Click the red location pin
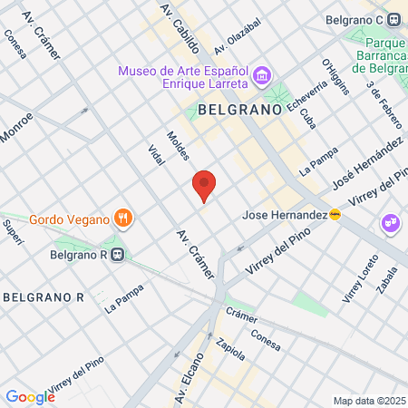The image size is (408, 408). click(204, 185)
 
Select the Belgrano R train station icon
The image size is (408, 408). click(116, 255)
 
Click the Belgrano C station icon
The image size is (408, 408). click(394, 19)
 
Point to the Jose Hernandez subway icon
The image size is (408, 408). click(335, 215)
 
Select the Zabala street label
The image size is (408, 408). click(387, 281)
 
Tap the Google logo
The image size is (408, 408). click(30, 396)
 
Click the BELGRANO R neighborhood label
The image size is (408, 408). click(43, 296)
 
